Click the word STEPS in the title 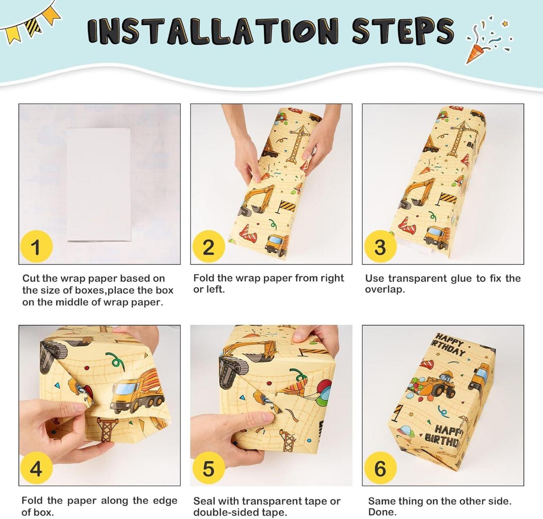pyautogui.click(x=403, y=30)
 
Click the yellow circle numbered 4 pyautogui.click(x=36, y=469)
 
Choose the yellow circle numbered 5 pyautogui.click(x=208, y=469)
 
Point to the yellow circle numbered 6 pyautogui.click(x=380, y=469)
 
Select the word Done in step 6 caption pyautogui.click(x=380, y=512)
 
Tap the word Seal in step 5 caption pyautogui.click(x=204, y=501)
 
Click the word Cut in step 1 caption pyautogui.click(x=30, y=279)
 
